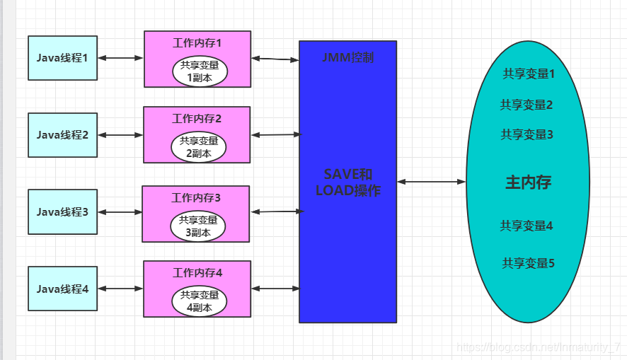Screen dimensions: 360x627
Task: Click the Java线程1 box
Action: (62, 57)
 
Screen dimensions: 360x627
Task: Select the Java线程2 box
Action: (62, 134)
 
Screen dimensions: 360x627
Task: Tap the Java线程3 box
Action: (62, 211)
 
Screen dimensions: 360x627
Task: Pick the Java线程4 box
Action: (62, 289)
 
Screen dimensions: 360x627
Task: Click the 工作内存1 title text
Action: (197, 42)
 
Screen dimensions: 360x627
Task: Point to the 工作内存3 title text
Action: (196, 198)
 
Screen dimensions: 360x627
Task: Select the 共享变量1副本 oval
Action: (200, 71)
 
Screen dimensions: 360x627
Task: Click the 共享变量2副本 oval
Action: (199, 147)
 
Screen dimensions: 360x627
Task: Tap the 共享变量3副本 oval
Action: (198, 226)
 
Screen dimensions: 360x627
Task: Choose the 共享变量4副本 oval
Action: (199, 301)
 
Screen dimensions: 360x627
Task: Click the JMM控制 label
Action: (347, 58)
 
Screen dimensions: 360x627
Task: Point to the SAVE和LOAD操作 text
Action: (347, 182)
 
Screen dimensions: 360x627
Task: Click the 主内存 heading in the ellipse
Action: (528, 182)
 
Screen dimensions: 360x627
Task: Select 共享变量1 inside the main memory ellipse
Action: (529, 74)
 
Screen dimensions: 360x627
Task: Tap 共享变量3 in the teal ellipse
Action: (527, 134)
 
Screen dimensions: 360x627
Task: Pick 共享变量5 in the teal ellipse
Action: (528, 263)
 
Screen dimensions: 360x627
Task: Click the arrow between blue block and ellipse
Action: (431, 182)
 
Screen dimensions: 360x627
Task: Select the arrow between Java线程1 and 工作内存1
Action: (120, 58)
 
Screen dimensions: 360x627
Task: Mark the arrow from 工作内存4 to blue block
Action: (275, 289)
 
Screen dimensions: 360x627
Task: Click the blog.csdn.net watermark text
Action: (538, 347)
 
